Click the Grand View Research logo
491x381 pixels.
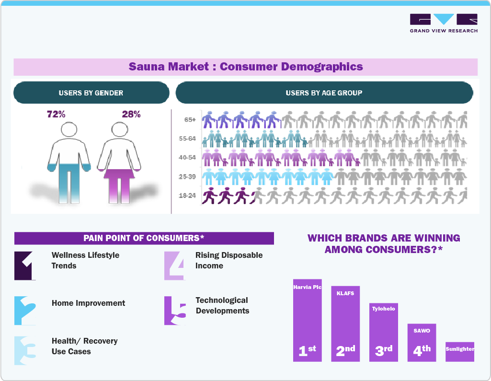(444, 23)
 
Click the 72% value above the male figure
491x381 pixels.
(56, 115)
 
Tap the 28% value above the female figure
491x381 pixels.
(131, 115)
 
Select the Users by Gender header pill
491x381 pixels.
(91, 93)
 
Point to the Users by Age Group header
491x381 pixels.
(324, 93)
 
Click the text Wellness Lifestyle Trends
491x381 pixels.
(85, 260)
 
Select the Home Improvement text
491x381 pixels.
(88, 303)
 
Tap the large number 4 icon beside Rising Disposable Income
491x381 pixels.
(174, 266)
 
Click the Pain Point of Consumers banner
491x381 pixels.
(144, 238)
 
